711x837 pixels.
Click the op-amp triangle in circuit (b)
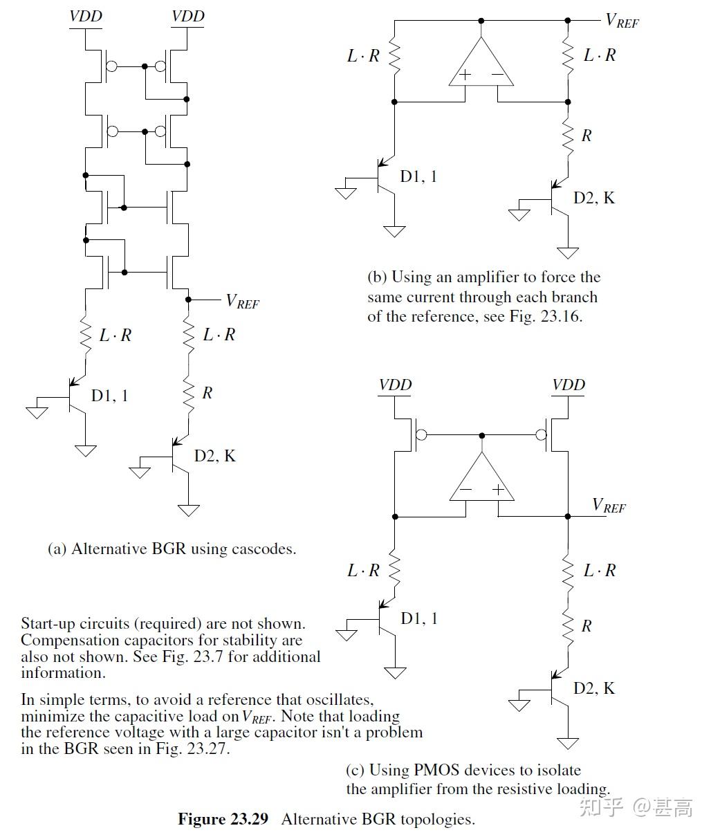click(481, 66)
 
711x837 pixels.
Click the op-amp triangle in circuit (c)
click(481, 481)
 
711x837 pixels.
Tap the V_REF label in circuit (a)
click(243, 301)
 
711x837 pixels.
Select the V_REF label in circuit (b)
click(622, 20)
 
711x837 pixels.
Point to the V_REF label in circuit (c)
click(609, 506)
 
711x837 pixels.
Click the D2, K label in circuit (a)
click(214, 456)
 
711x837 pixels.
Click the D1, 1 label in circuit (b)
click(418, 176)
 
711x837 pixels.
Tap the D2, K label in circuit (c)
click(593, 688)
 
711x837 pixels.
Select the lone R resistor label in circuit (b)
click(587, 136)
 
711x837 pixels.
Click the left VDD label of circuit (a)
click(86, 16)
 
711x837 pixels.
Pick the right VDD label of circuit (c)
click(569, 385)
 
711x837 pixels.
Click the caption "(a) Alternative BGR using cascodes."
click(172, 549)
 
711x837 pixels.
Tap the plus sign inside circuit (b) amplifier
click(466, 75)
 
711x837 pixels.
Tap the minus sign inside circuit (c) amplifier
click(466, 490)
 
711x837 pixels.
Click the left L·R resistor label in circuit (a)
click(115, 335)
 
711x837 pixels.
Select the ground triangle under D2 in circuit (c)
click(568, 744)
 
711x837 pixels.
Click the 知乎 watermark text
click(602, 807)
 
